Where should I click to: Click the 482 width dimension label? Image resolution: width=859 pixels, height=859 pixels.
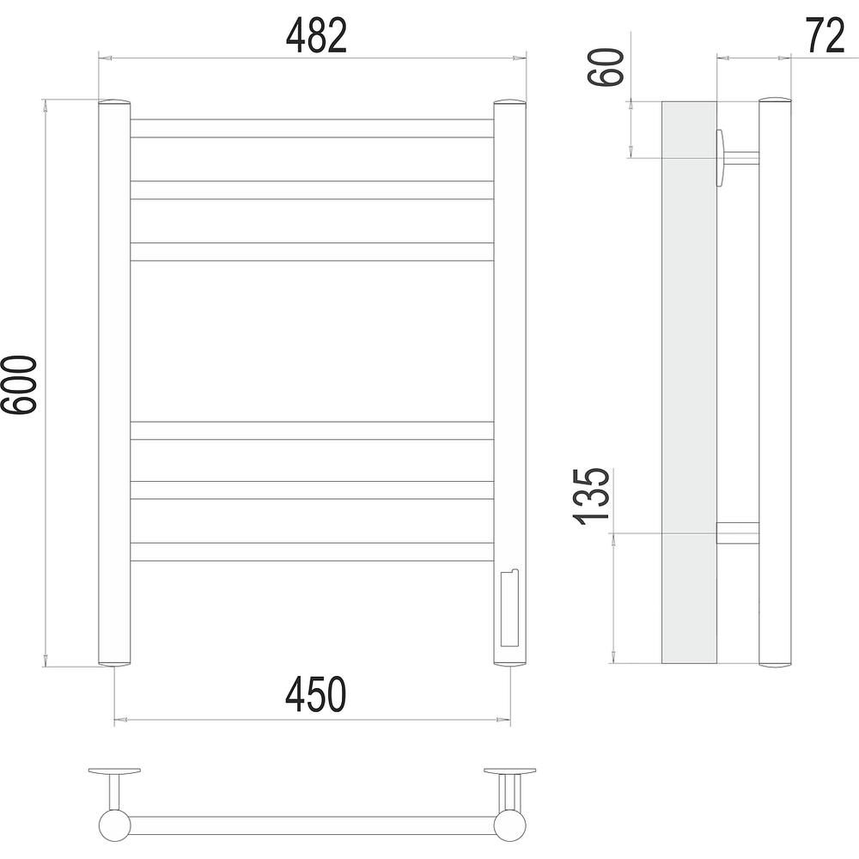[317, 35]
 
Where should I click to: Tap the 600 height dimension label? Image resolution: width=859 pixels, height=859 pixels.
[19, 384]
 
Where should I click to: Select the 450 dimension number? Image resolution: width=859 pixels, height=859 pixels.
[316, 694]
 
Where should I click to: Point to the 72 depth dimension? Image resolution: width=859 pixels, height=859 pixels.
[825, 35]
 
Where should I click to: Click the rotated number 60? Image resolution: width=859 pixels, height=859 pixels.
[606, 67]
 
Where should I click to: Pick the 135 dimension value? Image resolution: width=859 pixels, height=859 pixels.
[591, 497]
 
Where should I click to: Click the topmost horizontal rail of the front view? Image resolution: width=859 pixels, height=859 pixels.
[313, 128]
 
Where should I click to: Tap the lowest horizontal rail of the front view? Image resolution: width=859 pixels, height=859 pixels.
[313, 551]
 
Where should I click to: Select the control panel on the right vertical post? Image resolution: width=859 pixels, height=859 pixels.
[509, 608]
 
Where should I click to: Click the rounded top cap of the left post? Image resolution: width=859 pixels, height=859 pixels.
[114, 102]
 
